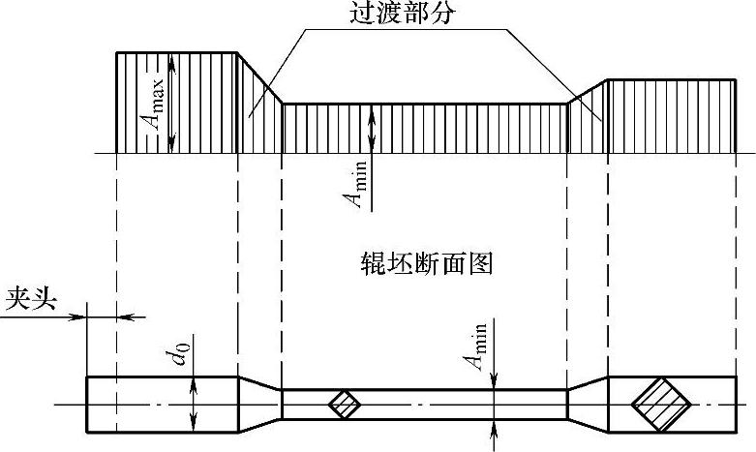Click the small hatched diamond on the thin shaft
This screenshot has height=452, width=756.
point(343,405)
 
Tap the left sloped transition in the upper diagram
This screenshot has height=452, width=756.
point(257,116)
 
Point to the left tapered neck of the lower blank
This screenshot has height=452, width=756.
point(259,404)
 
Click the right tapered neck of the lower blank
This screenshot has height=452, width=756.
point(587,404)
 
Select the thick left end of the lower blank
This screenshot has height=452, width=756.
point(136,404)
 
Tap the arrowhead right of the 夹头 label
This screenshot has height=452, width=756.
point(80,316)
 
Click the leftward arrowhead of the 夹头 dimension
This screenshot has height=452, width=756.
point(123,316)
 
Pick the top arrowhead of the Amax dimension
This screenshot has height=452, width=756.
point(172,59)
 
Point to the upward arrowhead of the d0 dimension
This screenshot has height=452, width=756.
point(194,381)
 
